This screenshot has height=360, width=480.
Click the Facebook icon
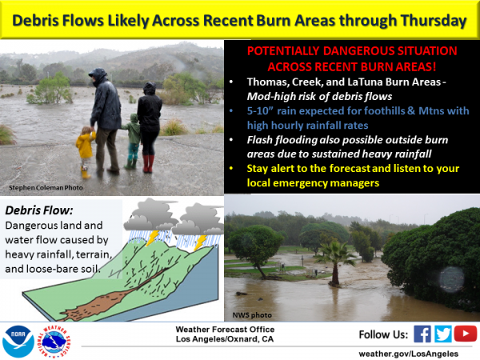pyautogui.click(x=422, y=334)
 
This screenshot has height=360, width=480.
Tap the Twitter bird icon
pyautogui.click(x=442, y=334)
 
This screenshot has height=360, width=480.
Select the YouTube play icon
pyautogui.click(x=466, y=334)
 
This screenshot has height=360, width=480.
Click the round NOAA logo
pyautogui.click(x=18, y=341)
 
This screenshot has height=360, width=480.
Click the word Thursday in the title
pyautogui.click(x=434, y=21)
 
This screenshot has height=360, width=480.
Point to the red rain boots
pyautogui.click(x=148, y=163)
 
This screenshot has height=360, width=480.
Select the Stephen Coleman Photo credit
pyautogui.click(x=46, y=188)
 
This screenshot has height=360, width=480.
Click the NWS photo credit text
pyautogui.click(x=252, y=315)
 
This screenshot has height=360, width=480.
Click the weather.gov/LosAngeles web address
pyautogui.click(x=409, y=354)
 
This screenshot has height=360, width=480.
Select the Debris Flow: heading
pyautogui.click(x=39, y=210)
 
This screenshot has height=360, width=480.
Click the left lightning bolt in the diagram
pyautogui.click(x=152, y=238)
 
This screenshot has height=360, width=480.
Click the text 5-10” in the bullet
pyautogui.click(x=260, y=111)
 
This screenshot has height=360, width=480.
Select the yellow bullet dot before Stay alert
pyautogui.click(x=231, y=168)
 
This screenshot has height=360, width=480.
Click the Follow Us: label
pyautogui.click(x=383, y=334)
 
